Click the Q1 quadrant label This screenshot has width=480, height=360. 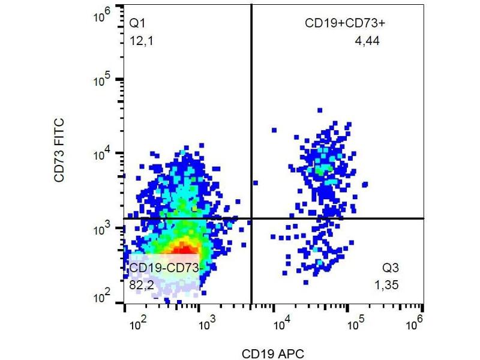pyautogui.click(x=138, y=24)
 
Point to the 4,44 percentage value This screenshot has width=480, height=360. pyautogui.click(x=367, y=41)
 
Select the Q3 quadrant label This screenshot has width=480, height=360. pyautogui.click(x=392, y=268)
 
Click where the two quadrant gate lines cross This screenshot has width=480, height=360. pyautogui.click(x=251, y=218)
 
